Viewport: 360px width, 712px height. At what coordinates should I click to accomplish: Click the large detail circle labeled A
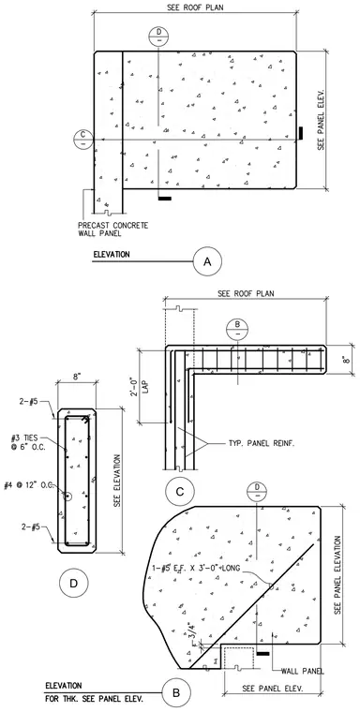click(207, 261)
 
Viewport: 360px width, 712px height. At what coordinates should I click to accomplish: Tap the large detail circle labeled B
click(176, 693)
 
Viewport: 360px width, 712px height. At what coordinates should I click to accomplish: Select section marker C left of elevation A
click(82, 140)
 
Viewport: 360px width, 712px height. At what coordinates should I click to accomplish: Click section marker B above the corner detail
click(237, 329)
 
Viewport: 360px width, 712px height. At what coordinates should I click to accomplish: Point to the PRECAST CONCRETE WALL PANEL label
click(112, 230)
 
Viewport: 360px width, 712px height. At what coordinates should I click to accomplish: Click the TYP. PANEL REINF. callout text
click(261, 444)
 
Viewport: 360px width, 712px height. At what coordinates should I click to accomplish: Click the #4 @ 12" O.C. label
click(29, 485)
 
